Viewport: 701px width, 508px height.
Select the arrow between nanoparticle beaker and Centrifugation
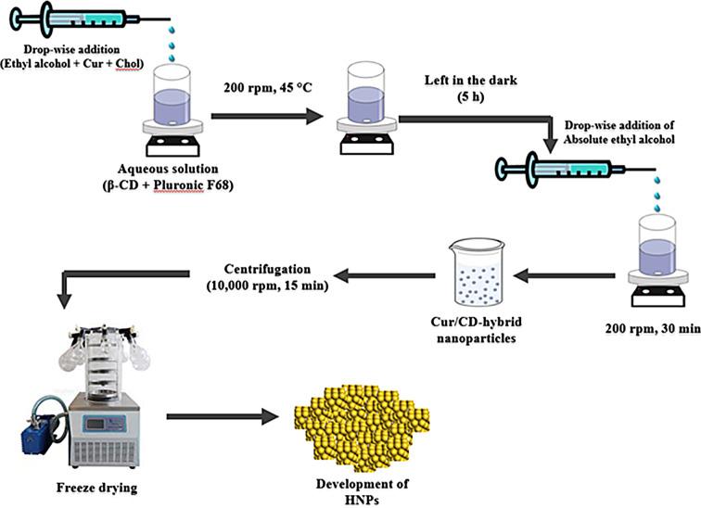pos(385,274)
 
